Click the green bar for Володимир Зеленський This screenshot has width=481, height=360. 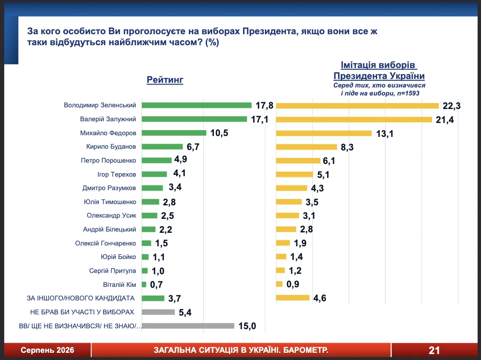point(197,105)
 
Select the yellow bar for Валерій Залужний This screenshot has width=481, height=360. point(354,119)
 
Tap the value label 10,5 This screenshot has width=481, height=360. point(219,133)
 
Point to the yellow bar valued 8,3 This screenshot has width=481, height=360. point(306,147)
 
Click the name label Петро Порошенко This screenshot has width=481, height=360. point(108,161)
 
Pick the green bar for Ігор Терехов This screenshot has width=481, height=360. point(154,174)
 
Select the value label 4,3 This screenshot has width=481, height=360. point(317,188)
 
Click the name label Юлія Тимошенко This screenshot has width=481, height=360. point(110,202)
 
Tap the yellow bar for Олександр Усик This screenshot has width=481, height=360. point(287,215)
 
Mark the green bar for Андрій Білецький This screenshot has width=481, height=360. point(148,229)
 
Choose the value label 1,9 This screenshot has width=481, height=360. point(301,243)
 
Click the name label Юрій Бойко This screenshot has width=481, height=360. point(118,256)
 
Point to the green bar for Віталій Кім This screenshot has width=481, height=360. point(144,284)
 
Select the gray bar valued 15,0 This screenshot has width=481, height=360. point(188,326)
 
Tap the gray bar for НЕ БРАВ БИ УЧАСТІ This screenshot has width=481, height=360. point(158,312)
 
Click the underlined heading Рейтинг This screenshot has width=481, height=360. point(165,80)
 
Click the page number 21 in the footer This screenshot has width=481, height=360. point(434,350)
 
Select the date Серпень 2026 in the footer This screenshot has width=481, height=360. point(47,350)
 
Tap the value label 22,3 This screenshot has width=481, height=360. point(451,106)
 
